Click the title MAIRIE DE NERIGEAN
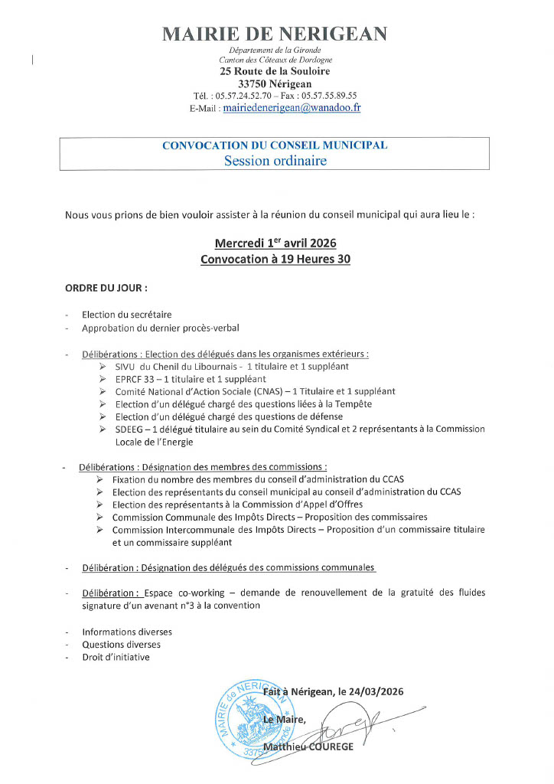tap(275, 34)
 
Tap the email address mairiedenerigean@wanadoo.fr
tap(292, 108)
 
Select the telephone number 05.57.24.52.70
tap(243, 96)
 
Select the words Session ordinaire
tap(275, 161)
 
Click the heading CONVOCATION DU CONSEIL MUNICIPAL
tap(275, 145)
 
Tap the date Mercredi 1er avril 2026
tap(275, 243)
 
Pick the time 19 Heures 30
tap(315, 259)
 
